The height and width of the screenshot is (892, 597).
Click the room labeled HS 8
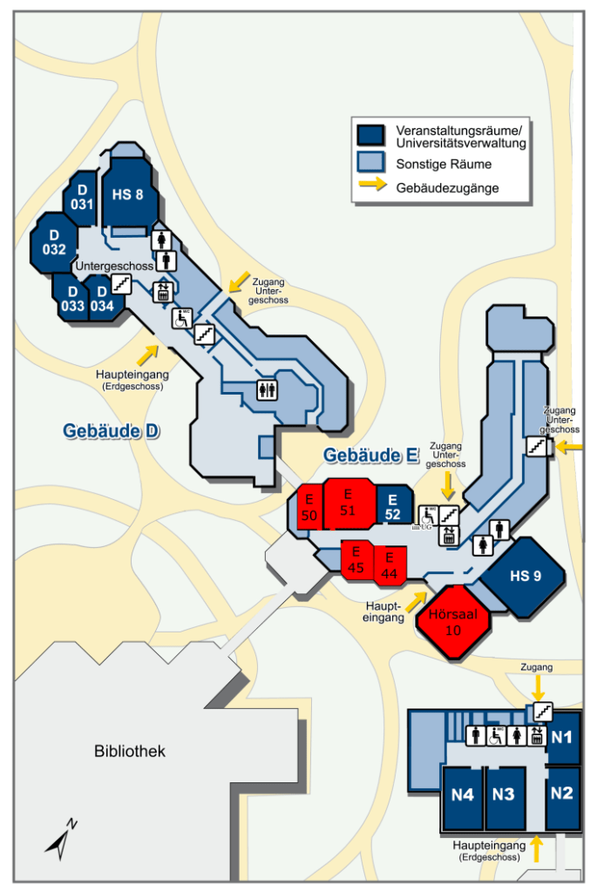(128, 193)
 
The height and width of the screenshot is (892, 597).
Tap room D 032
(54, 243)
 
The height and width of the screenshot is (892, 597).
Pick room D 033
(71, 298)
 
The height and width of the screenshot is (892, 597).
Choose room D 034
(104, 299)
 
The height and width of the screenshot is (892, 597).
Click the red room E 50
(309, 508)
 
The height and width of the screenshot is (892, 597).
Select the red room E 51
(349, 503)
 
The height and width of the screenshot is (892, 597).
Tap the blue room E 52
(394, 506)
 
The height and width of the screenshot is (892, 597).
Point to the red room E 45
(356, 560)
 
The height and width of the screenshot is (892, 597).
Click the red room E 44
(390, 565)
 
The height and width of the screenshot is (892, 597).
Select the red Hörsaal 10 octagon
(453, 622)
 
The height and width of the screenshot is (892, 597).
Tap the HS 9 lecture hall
(524, 577)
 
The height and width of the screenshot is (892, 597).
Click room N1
(563, 737)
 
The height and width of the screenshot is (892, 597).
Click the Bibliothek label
(130, 751)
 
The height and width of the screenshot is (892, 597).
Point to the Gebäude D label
(111, 430)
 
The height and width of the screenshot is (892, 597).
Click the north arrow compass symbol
(61, 839)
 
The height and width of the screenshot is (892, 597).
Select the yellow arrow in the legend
(373, 185)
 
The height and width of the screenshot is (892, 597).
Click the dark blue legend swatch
(370, 135)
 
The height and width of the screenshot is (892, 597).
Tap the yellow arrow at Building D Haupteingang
(147, 355)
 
